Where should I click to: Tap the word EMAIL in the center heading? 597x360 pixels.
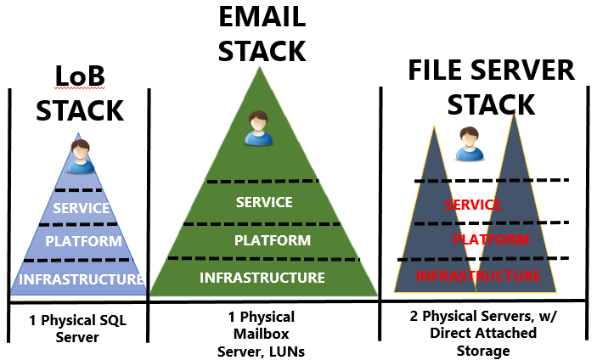click(x=261, y=18)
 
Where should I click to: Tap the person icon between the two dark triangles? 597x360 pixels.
click(x=466, y=144)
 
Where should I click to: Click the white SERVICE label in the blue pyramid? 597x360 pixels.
click(x=81, y=208)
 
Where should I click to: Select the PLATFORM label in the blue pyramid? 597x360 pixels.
click(x=83, y=241)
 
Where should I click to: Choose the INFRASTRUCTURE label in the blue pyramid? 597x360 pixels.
click(x=81, y=278)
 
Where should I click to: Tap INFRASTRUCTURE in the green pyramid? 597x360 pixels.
click(x=262, y=278)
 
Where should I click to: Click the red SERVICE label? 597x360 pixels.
click(x=473, y=205)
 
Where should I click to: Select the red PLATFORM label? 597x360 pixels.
click(x=486, y=239)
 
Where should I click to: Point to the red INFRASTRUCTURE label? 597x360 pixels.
click(x=478, y=276)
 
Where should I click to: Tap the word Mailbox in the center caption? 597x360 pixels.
click(x=261, y=335)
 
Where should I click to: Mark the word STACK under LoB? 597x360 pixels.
click(x=80, y=110)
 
